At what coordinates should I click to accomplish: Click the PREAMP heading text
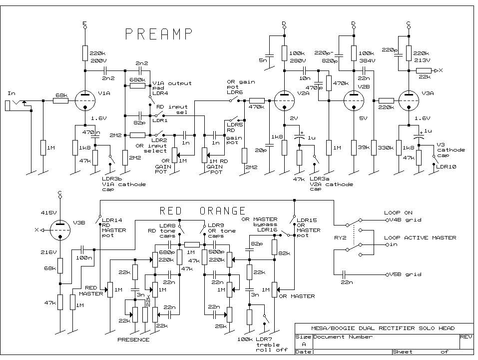[158, 34]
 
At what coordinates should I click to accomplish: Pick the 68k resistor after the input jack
[61, 101]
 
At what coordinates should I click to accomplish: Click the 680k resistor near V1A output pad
[137, 85]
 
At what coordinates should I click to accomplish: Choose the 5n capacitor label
[264, 60]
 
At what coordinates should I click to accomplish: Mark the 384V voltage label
[366, 60]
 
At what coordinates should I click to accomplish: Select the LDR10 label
[446, 166]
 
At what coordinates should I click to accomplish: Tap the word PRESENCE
[133, 339]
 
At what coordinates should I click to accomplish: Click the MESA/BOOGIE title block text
[383, 328]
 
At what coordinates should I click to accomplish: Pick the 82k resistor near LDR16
[274, 247]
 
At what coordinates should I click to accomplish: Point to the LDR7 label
[263, 339]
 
